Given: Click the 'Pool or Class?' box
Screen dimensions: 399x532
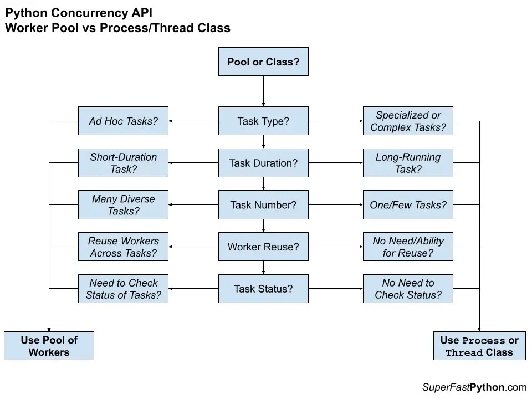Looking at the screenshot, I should click(263, 62).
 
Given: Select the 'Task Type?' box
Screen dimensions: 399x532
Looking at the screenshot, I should click(263, 121).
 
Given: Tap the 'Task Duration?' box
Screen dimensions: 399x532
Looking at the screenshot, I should click(263, 163).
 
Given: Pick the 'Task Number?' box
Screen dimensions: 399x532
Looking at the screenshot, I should click(263, 205).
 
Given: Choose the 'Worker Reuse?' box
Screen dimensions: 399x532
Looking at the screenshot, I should click(263, 247).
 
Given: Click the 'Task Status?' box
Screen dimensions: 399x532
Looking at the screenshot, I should click(263, 289).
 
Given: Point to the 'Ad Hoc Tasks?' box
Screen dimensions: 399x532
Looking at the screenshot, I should click(123, 121).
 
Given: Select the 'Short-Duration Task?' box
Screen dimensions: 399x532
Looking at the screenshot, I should click(123, 163).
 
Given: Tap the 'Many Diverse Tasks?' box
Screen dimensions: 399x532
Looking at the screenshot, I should click(123, 205).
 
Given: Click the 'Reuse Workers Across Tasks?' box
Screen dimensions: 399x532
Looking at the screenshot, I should click(123, 247).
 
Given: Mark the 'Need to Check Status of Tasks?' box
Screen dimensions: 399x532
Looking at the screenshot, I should click(123, 289).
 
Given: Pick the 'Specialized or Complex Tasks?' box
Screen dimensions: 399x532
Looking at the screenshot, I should click(408, 121).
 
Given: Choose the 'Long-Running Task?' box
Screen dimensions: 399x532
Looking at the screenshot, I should click(408, 163).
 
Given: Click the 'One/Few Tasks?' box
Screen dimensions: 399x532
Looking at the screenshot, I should click(408, 205).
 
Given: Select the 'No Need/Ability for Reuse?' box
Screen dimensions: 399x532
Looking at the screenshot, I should click(408, 247).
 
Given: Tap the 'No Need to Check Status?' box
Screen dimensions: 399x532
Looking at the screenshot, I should click(408, 289).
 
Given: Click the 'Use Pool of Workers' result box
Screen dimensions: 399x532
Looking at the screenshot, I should click(49, 346).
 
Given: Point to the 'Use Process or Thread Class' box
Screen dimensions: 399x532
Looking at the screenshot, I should click(479, 346).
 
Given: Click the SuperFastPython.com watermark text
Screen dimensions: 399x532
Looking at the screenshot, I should click(474, 387).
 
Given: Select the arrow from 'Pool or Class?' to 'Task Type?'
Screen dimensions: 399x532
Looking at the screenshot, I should click(263, 91).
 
